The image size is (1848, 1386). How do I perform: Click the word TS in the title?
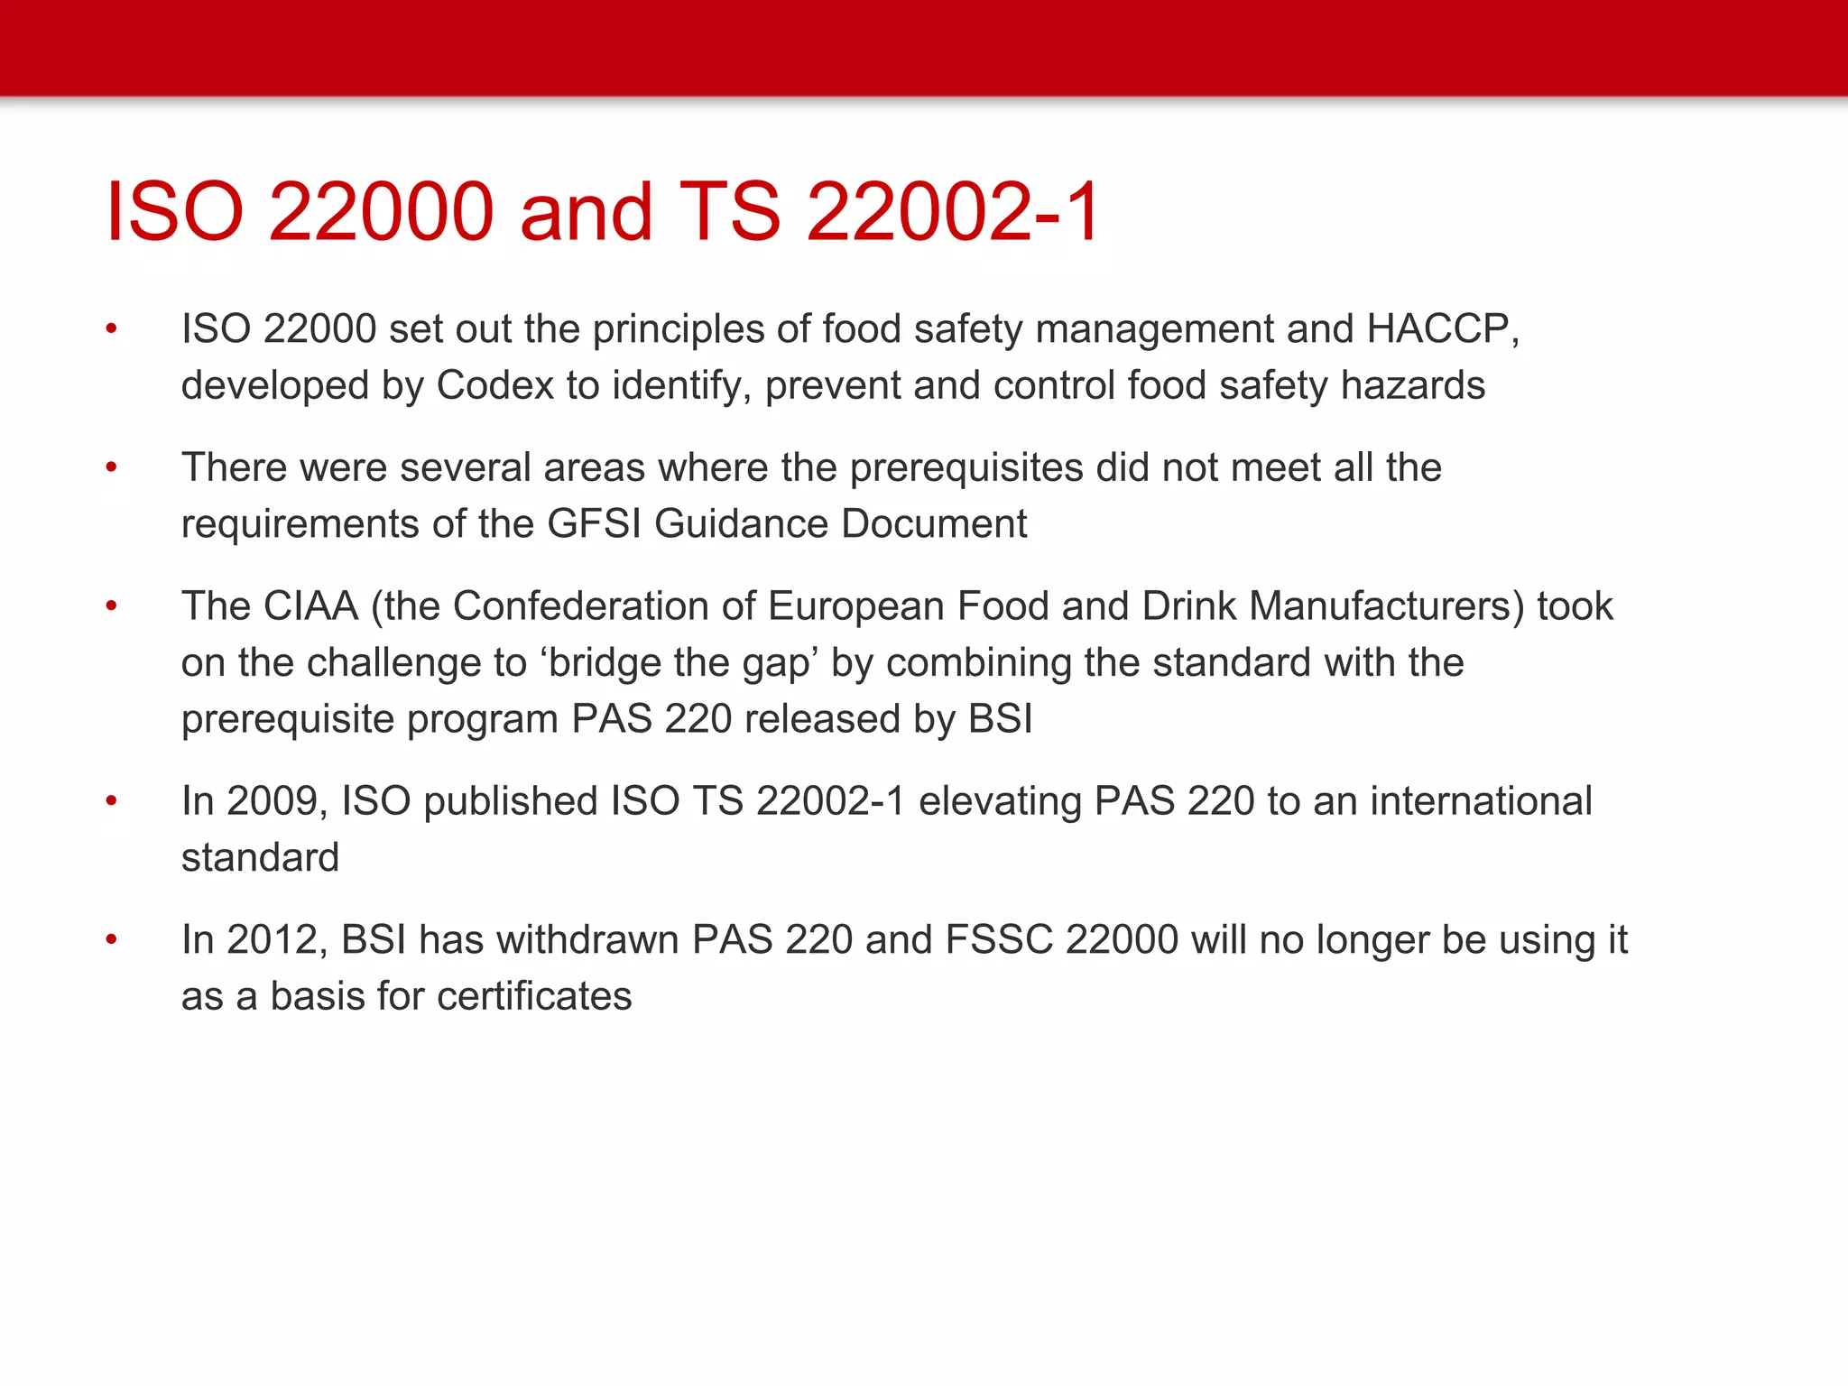tap(729, 212)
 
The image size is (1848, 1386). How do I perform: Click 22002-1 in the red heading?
tap(952, 212)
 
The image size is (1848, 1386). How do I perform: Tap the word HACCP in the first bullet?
tap(1437, 329)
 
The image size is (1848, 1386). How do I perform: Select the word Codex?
tap(495, 386)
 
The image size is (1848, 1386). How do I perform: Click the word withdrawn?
tap(587, 940)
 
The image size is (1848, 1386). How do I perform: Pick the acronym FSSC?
tap(999, 940)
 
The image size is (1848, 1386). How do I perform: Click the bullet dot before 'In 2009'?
tap(111, 800)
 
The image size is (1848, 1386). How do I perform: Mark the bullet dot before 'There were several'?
tap(111, 467)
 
